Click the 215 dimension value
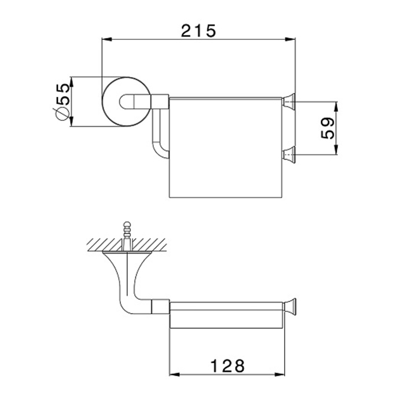[x=198, y=31]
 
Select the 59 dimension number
[x=327, y=128]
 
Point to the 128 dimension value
[x=227, y=366]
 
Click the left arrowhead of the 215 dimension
[x=107, y=39]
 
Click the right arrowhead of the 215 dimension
[x=290, y=39]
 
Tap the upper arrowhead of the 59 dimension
[x=336, y=107]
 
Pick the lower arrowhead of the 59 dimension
[x=336, y=150]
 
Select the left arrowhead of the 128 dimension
[x=174, y=374]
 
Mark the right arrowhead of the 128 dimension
[x=279, y=374]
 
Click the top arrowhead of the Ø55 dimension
[x=72, y=82]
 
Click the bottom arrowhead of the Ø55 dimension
[x=72, y=122]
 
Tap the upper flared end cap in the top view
[x=289, y=102]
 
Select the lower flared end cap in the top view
[x=289, y=155]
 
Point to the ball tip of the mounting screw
[x=127, y=224]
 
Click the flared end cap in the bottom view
[x=289, y=307]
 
